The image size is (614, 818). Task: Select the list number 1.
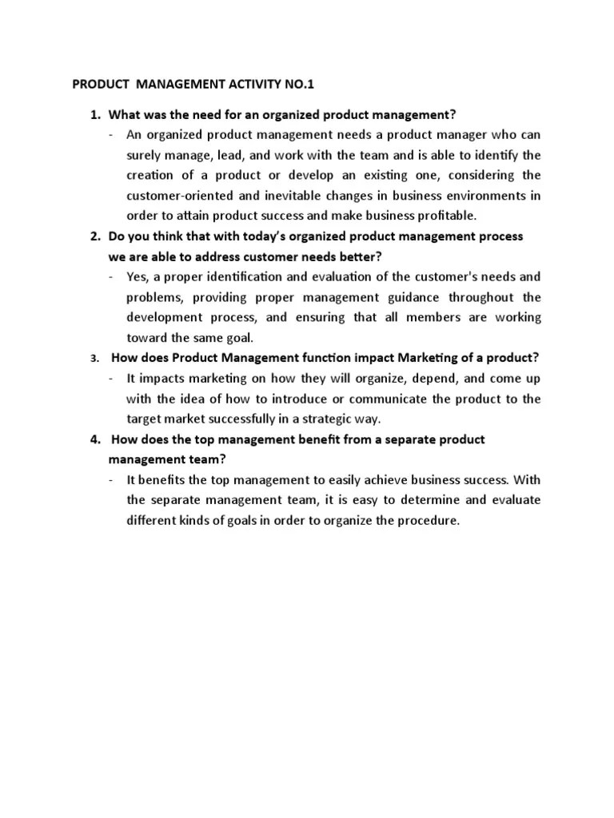[94, 114]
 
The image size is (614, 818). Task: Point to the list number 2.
[94, 236]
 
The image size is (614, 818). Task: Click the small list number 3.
[94, 359]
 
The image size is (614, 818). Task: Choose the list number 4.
[94, 439]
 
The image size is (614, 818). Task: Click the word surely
[144, 155]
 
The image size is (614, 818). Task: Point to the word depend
[397, 379]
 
